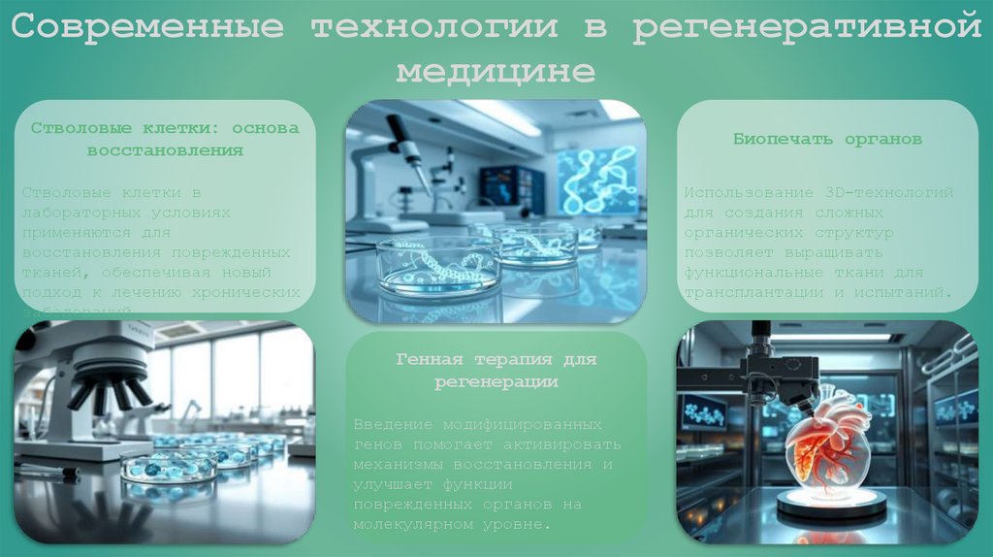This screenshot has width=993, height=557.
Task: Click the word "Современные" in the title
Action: [146, 28]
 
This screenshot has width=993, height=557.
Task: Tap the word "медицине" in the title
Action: [496, 72]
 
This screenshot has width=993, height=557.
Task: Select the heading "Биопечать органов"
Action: [827, 139]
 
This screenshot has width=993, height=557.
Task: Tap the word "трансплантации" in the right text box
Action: [746, 292]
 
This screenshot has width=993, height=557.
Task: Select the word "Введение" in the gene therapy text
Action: [386, 425]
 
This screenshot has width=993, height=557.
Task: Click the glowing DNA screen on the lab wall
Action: [597, 180]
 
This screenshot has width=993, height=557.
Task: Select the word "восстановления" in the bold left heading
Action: [165, 150]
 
